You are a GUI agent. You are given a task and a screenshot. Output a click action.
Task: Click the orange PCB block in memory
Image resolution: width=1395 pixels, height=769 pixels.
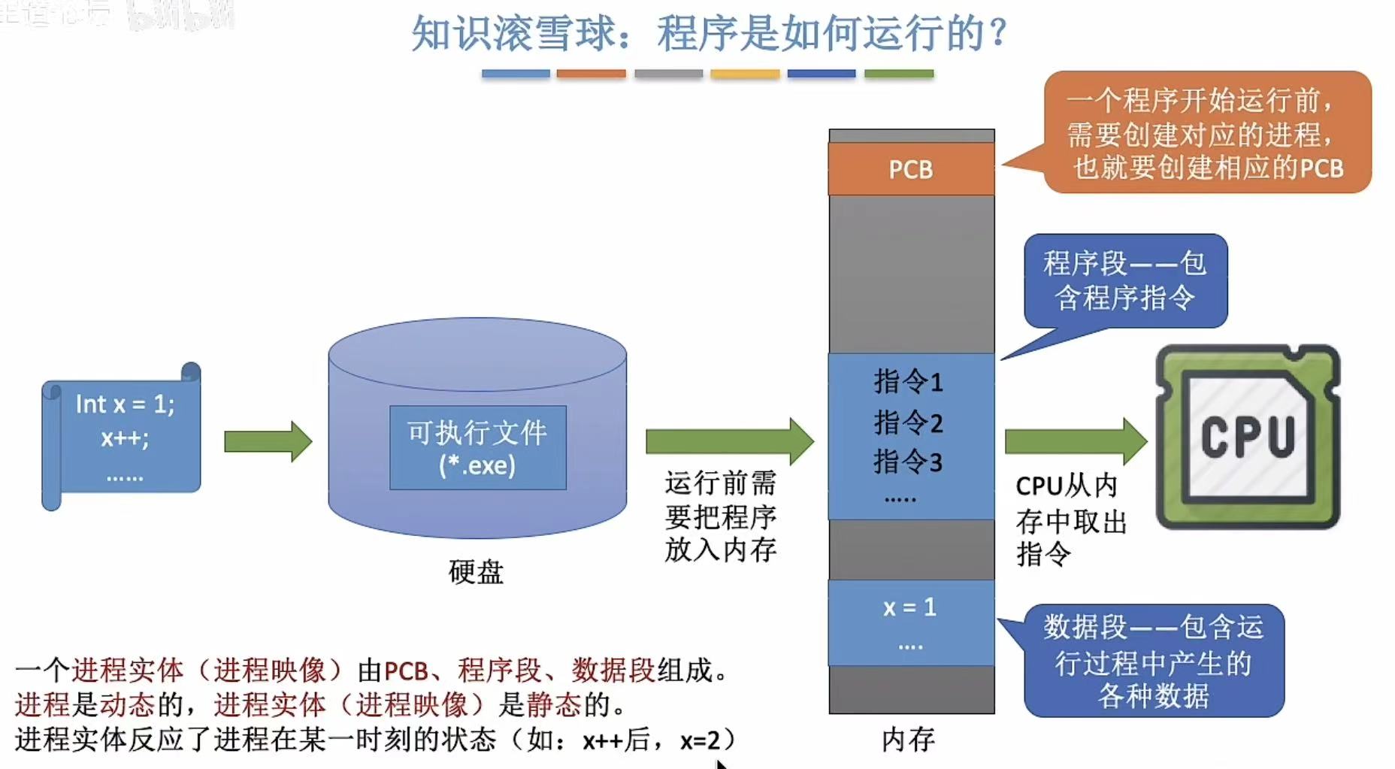(911, 169)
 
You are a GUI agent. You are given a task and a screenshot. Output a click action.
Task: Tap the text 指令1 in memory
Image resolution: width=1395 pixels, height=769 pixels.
(908, 382)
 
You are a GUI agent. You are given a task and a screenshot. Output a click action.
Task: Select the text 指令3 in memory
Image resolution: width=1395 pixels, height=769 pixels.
(908, 462)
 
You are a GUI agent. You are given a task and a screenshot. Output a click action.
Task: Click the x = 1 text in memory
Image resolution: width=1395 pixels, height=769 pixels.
(909, 607)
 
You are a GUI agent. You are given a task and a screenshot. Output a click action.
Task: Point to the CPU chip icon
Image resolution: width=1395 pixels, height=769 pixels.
(1248, 437)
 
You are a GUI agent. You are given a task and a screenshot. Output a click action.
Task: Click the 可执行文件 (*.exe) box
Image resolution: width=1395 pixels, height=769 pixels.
(477, 448)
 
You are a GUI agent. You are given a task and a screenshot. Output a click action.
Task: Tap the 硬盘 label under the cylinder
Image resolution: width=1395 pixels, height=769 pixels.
(476, 572)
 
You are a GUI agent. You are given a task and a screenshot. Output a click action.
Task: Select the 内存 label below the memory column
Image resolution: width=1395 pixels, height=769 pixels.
(908, 740)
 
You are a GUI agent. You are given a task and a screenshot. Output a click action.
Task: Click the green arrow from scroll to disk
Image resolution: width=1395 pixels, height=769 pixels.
(268, 441)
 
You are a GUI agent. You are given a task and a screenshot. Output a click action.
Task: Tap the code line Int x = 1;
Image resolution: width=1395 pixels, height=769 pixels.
(125, 404)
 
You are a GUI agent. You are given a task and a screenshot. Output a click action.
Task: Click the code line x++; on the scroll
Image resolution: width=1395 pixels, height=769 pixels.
(125, 437)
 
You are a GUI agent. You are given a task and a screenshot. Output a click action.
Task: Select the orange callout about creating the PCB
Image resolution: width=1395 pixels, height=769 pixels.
(1207, 133)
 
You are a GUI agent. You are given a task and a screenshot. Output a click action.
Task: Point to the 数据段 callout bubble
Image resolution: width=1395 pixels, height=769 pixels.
(1154, 662)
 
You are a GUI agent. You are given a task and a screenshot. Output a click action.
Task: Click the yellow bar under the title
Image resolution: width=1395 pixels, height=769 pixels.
(745, 74)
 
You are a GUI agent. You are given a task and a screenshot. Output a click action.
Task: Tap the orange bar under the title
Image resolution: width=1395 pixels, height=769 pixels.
(591, 74)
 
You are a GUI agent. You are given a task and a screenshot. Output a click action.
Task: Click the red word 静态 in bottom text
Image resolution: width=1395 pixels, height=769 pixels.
(554, 704)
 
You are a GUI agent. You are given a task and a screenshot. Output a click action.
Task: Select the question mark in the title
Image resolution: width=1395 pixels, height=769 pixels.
(998, 34)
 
